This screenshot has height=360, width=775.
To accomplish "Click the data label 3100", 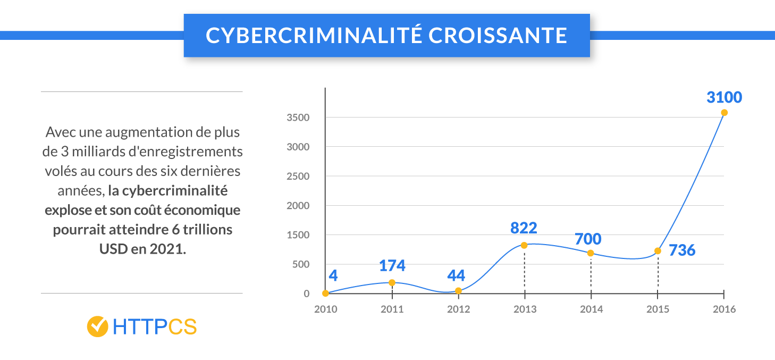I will pos(724,98).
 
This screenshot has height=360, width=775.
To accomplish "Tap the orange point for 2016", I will pos(724,113).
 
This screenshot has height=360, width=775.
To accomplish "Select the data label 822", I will pos(524,228).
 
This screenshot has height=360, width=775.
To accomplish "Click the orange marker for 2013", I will pos(524,245).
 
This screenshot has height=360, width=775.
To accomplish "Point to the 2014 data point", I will pos(591,253).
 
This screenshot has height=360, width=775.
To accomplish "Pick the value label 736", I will pos(682,250).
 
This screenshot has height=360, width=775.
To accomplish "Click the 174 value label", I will pos(392,265).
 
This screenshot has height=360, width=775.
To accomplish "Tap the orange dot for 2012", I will pos(458,291).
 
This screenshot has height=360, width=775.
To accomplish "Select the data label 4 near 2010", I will pos(333,275).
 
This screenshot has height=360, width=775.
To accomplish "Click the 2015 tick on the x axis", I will pos(658,309).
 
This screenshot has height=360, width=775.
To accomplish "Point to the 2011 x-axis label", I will pos(392,309).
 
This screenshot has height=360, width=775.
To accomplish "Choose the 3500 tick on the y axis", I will pos(298,118).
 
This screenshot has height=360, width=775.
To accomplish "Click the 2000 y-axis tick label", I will pos(298,206).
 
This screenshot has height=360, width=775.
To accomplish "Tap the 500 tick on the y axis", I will pos(301,264).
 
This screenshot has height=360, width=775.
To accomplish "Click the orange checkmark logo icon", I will pos(98,326).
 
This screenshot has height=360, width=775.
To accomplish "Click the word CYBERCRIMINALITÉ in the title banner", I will pos(313,36).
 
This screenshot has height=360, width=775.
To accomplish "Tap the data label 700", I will pos(587,239).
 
